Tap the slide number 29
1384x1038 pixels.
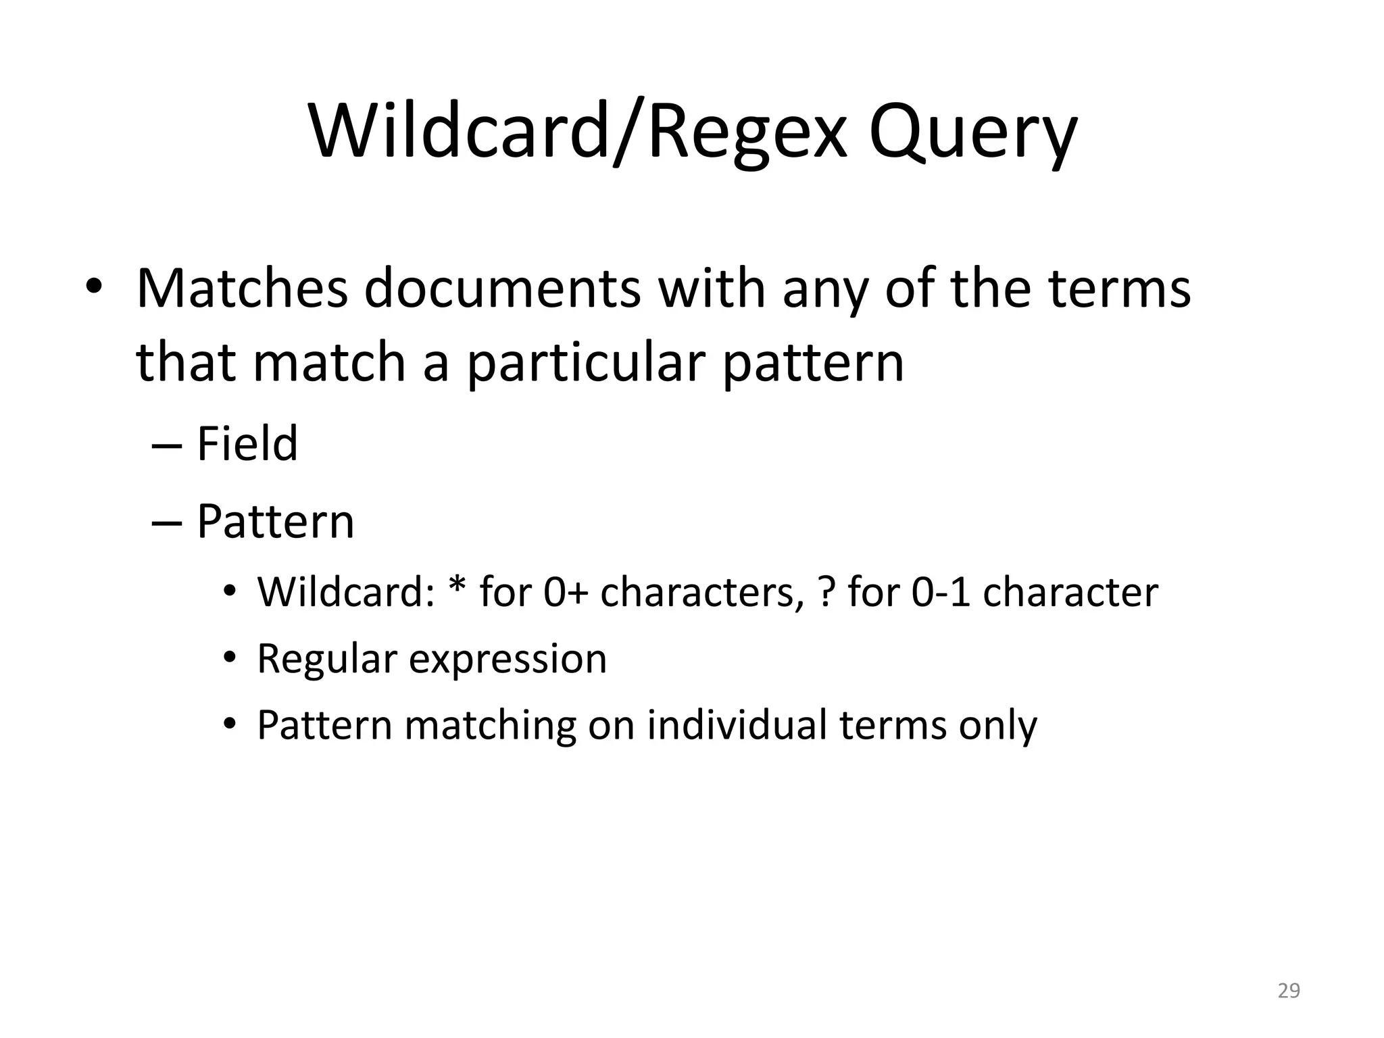click(1289, 991)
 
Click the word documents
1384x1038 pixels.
click(502, 289)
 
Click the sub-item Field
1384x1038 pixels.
click(247, 444)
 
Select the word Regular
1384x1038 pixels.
click(327, 659)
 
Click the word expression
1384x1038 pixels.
click(508, 659)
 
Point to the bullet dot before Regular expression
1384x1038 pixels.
click(230, 658)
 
